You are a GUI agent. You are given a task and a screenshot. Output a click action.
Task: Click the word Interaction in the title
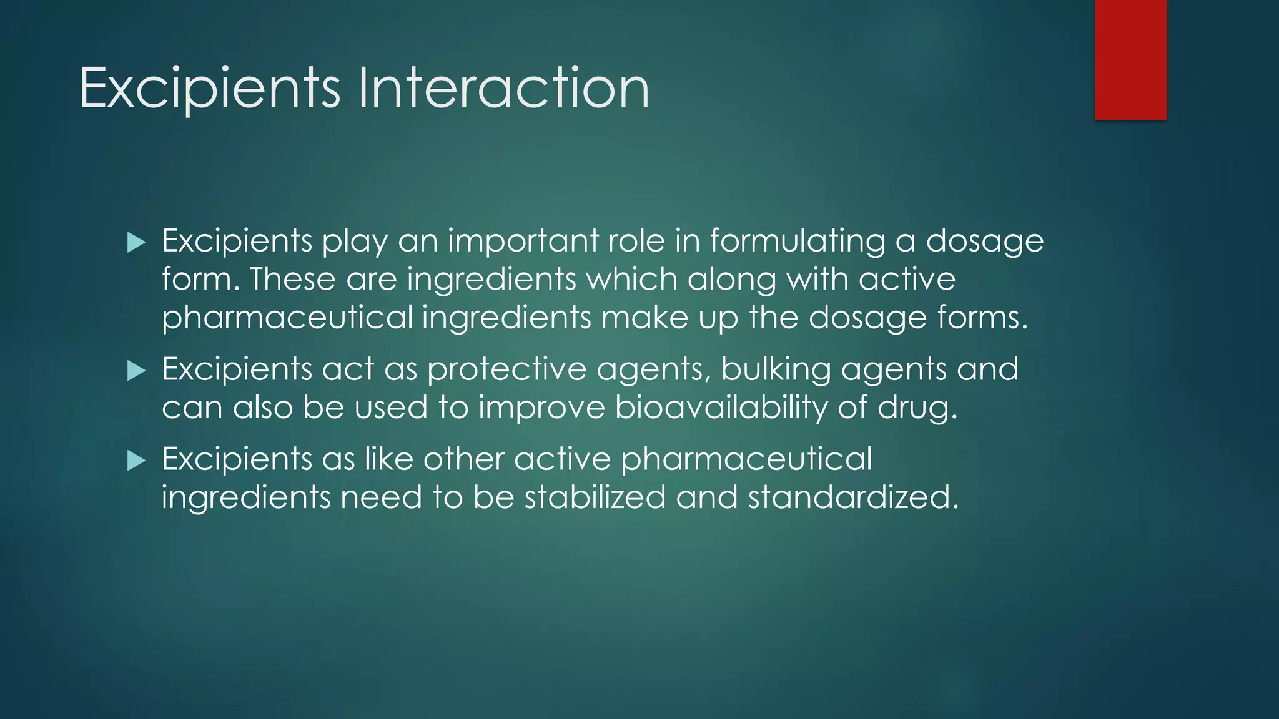tap(503, 88)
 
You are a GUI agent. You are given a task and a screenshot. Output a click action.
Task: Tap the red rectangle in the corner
tap(1130, 59)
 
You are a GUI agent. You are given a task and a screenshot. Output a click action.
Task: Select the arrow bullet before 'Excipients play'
tap(136, 242)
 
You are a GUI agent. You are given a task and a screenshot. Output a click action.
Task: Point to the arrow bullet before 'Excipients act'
tap(136, 371)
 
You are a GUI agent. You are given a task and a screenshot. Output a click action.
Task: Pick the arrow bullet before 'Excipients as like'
tap(136, 461)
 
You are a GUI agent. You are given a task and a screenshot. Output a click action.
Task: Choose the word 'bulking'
tap(776, 369)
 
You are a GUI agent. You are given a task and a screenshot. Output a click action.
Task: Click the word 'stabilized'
tap(595, 497)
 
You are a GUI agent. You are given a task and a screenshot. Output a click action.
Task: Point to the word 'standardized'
tap(852, 497)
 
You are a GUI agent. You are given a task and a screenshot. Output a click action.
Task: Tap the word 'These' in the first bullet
tap(293, 279)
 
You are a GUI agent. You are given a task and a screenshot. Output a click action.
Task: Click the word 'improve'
tap(541, 408)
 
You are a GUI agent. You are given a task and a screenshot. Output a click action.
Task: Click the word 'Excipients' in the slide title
tap(210, 88)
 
